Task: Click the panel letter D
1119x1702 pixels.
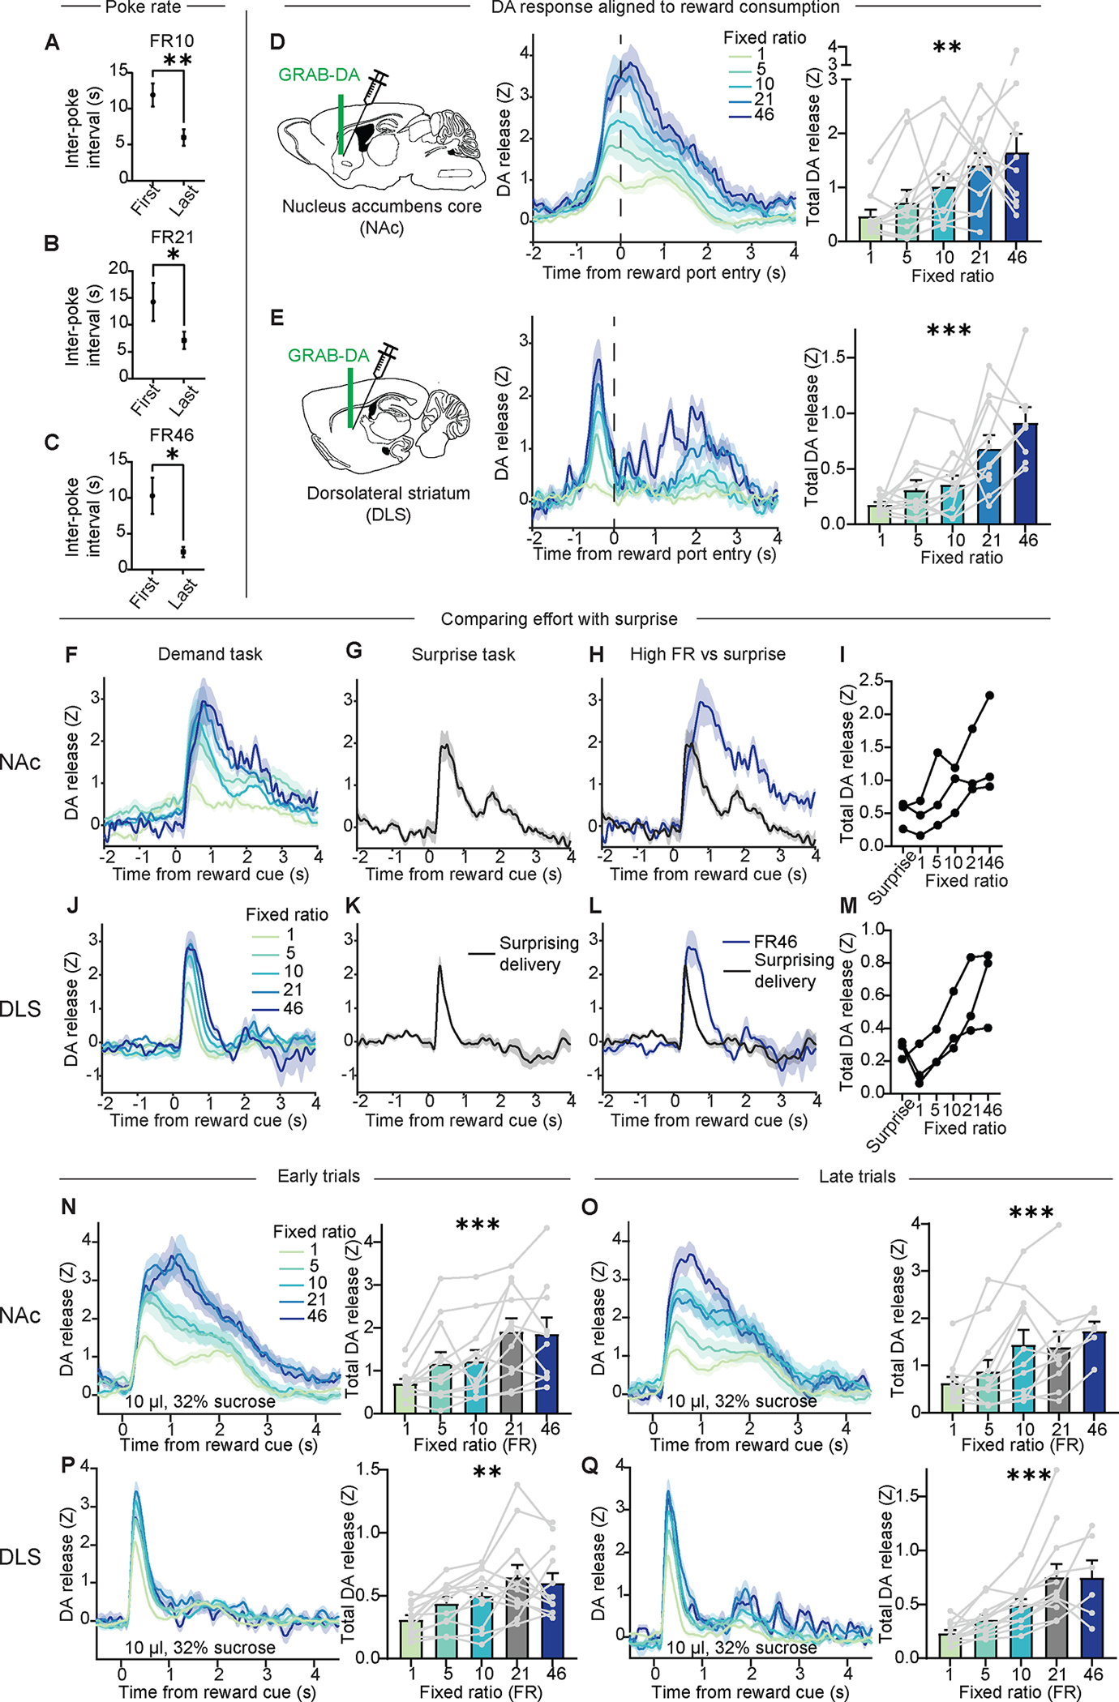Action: click(x=277, y=42)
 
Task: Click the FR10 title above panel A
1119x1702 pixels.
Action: click(x=171, y=41)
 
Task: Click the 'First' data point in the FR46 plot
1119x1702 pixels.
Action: click(x=152, y=495)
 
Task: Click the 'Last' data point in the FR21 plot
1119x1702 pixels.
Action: click(x=184, y=340)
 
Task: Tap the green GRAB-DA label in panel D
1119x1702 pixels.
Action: click(x=319, y=75)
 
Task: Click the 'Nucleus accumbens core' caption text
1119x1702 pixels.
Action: click(x=381, y=207)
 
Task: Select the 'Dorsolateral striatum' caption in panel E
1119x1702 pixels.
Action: click(x=388, y=494)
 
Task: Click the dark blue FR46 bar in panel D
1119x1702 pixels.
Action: click(x=1016, y=199)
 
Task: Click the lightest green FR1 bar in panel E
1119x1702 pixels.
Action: click(x=881, y=515)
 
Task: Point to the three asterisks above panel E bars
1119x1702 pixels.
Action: click(x=948, y=331)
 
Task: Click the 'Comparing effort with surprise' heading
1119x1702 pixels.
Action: click(x=559, y=619)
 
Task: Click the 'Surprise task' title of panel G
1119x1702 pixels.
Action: click(x=463, y=655)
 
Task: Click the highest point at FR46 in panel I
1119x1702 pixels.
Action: click(x=990, y=695)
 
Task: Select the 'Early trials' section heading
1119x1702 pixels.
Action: click(x=318, y=1177)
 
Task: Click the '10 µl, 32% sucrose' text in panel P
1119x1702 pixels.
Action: click(x=199, y=1648)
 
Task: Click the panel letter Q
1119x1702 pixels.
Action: click(x=590, y=1466)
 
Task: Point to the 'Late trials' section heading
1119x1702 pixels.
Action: click(x=856, y=1177)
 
